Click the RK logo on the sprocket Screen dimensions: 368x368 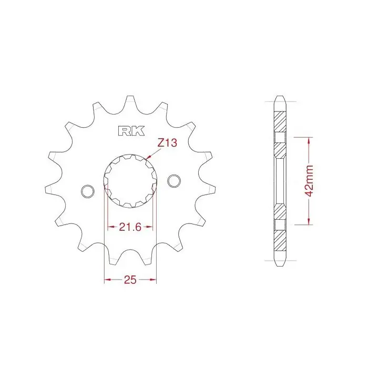131,131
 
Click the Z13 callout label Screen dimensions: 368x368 167,142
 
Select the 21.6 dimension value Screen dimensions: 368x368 130,227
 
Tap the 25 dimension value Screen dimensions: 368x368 130,280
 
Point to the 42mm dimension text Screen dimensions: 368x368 310,180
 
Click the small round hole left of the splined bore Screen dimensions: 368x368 87,191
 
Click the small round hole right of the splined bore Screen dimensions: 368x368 174,181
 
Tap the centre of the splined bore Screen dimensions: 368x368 130,181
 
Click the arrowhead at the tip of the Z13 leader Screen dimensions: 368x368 148,158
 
